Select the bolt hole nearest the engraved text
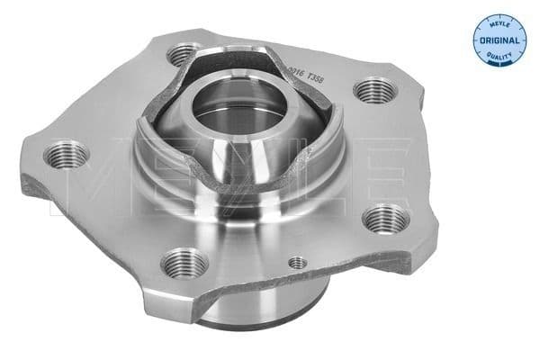coord(370,91)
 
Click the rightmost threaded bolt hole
coord(386,218)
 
